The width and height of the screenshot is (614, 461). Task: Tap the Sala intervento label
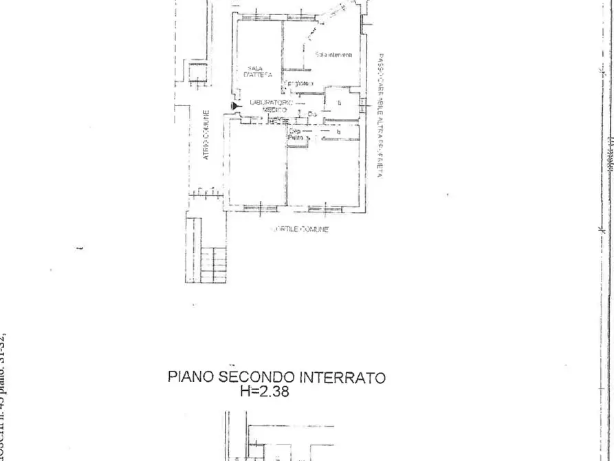tap(334, 54)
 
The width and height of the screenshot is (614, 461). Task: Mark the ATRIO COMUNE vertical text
tap(206, 136)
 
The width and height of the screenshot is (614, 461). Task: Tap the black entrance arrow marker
tap(235, 105)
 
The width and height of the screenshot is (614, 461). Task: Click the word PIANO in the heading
tap(192, 378)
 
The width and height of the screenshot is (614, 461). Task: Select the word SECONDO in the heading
tap(256, 378)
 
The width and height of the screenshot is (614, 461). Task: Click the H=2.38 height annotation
tap(265, 392)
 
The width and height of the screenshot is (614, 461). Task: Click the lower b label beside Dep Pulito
tap(338, 131)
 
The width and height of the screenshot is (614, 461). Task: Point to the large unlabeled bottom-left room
tap(256, 165)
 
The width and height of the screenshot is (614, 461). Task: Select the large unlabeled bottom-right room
tap(333, 172)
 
